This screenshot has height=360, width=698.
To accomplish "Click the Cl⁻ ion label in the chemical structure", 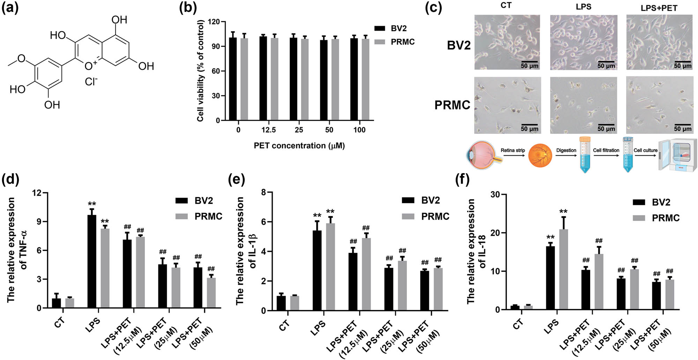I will pos(91,82).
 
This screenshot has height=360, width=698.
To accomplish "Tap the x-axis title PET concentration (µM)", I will pos(299,146).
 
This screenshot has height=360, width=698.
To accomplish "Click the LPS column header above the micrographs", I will pos(583,7).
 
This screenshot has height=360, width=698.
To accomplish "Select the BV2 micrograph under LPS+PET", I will pos(659,42).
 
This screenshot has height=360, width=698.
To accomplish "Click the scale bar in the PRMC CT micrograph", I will pos(529,125).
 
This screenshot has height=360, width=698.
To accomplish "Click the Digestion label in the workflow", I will pos(566,150).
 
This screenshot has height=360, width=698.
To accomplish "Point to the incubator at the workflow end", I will pos(677,156).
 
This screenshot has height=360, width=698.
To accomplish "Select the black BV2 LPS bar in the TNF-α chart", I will pos(92,262).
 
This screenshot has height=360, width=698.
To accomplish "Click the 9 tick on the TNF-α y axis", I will pos(37,222).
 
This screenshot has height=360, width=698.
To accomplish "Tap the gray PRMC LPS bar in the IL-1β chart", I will pos(330,267).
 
